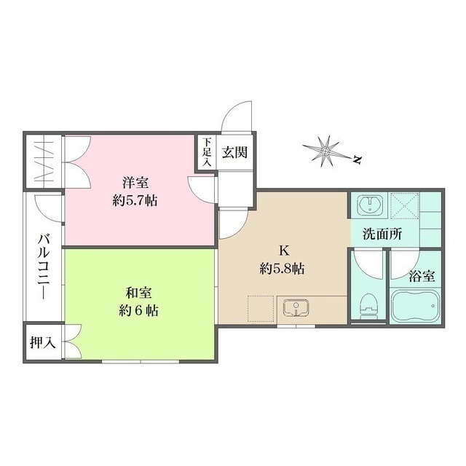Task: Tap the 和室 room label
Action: [138, 293]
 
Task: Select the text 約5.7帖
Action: [135, 200]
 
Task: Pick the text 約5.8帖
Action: [282, 268]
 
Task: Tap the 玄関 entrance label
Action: [235, 153]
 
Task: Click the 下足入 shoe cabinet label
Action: [207, 154]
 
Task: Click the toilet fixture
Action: [369, 304]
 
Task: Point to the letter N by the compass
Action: [357, 160]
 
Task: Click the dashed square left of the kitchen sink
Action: [259, 309]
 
